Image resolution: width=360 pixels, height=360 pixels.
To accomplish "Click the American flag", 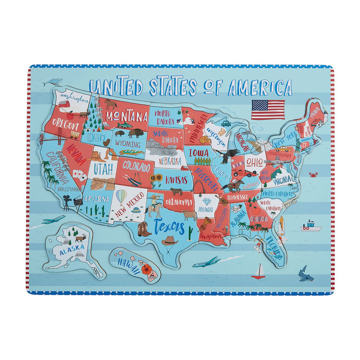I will (x=267, y=109).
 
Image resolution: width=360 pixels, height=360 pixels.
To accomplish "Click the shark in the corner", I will (x=303, y=272).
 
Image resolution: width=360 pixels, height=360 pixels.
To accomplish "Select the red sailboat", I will (x=258, y=271).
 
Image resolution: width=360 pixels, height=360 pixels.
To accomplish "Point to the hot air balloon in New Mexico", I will (x=121, y=194).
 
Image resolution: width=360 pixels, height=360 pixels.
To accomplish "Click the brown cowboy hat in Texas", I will (x=169, y=241).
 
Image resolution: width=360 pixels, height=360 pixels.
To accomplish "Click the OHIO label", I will (x=253, y=162).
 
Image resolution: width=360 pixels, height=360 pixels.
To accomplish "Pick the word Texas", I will (x=169, y=226).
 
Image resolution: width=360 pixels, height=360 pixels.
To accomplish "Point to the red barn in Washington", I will (x=64, y=103).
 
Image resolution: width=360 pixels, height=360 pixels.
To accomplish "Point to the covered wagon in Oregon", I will (x=74, y=134).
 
